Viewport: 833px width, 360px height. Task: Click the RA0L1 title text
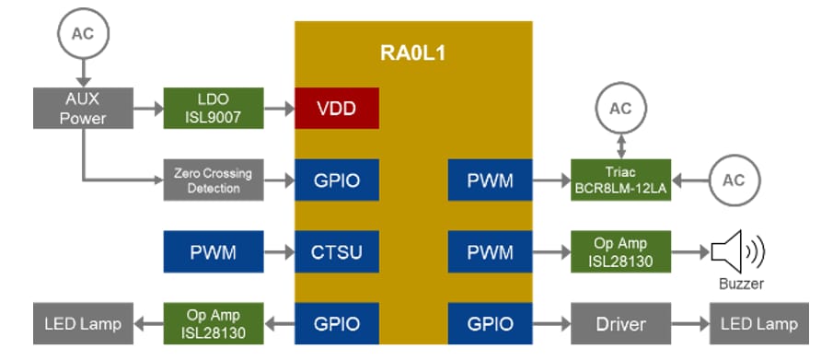click(x=412, y=52)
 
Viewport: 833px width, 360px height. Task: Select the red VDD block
click(x=337, y=108)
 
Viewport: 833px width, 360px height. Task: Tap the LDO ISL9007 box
click(x=214, y=108)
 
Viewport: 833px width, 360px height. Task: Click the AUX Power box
click(x=84, y=108)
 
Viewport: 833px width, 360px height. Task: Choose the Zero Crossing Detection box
click(x=214, y=180)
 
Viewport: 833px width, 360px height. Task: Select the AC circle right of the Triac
click(x=733, y=180)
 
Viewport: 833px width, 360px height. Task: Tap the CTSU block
click(x=337, y=251)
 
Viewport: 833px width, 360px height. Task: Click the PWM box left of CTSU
click(x=214, y=251)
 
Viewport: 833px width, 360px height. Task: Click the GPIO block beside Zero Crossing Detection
click(x=337, y=180)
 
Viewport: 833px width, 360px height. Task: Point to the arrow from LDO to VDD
click(x=279, y=108)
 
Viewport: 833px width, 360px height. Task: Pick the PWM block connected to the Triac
click(x=490, y=180)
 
